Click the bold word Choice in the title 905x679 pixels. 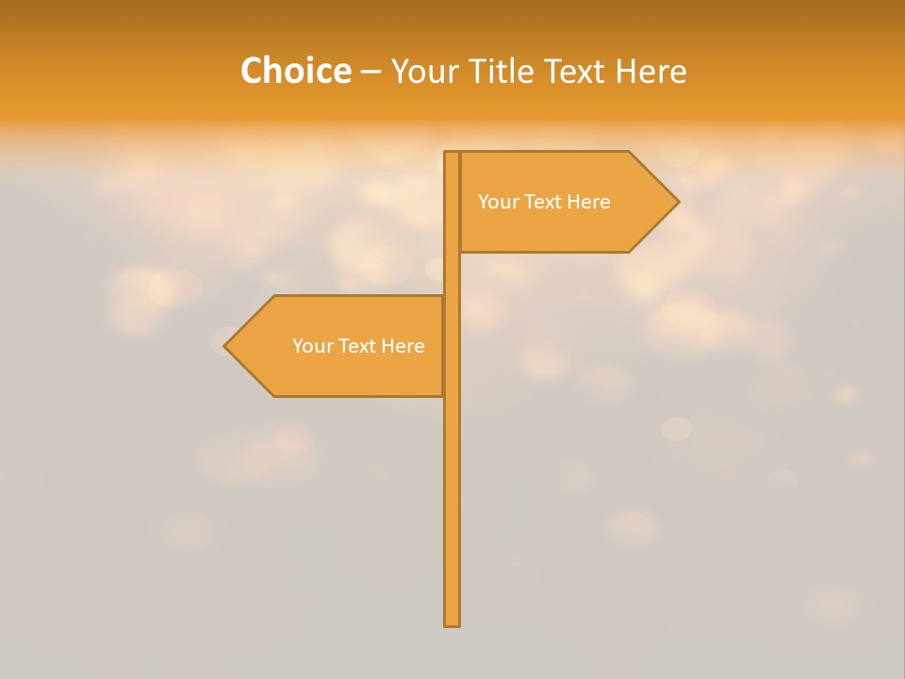tap(295, 71)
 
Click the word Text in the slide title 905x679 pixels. tap(575, 71)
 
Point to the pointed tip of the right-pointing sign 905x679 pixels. tap(677, 202)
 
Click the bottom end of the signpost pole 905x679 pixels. tap(452, 622)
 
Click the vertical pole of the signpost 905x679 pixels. tap(452, 490)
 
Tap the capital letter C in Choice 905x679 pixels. tap(252, 71)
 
